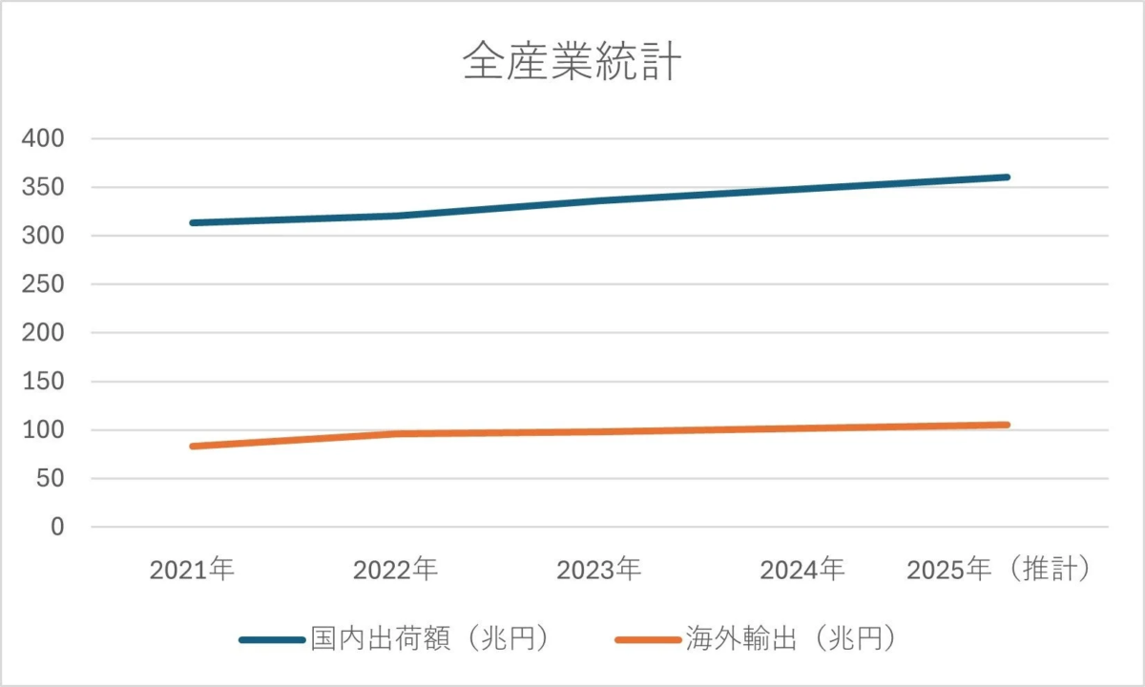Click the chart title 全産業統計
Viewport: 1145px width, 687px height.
click(572, 64)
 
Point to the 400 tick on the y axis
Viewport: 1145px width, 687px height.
click(43, 139)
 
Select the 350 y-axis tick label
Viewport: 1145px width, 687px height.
click(43, 188)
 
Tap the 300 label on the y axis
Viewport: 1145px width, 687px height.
click(43, 237)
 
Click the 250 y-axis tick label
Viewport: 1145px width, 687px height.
click(43, 285)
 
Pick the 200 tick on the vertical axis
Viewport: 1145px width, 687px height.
click(43, 334)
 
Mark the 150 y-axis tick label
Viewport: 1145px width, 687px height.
click(43, 382)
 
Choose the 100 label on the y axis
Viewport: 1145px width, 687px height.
click(43, 430)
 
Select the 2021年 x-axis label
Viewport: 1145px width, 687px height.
click(192, 571)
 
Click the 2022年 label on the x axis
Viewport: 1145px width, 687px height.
click(395, 571)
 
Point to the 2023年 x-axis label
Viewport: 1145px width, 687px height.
click(599, 571)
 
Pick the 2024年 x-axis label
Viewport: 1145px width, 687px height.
click(802, 571)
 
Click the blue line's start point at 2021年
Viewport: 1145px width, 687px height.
click(193, 222)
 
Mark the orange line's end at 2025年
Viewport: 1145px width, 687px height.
click(1007, 425)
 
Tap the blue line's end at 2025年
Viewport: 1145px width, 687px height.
click(1007, 177)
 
